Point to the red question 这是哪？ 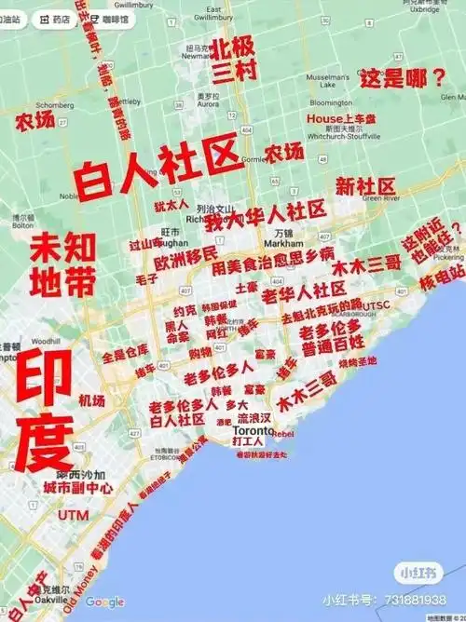404,78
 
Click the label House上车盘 341,119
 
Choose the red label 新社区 366,184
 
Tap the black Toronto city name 251,434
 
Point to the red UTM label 73,514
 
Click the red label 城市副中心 78,487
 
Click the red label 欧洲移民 185,253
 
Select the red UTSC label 377,304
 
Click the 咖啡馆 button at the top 136,19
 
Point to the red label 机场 91,400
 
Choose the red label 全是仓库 125,356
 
